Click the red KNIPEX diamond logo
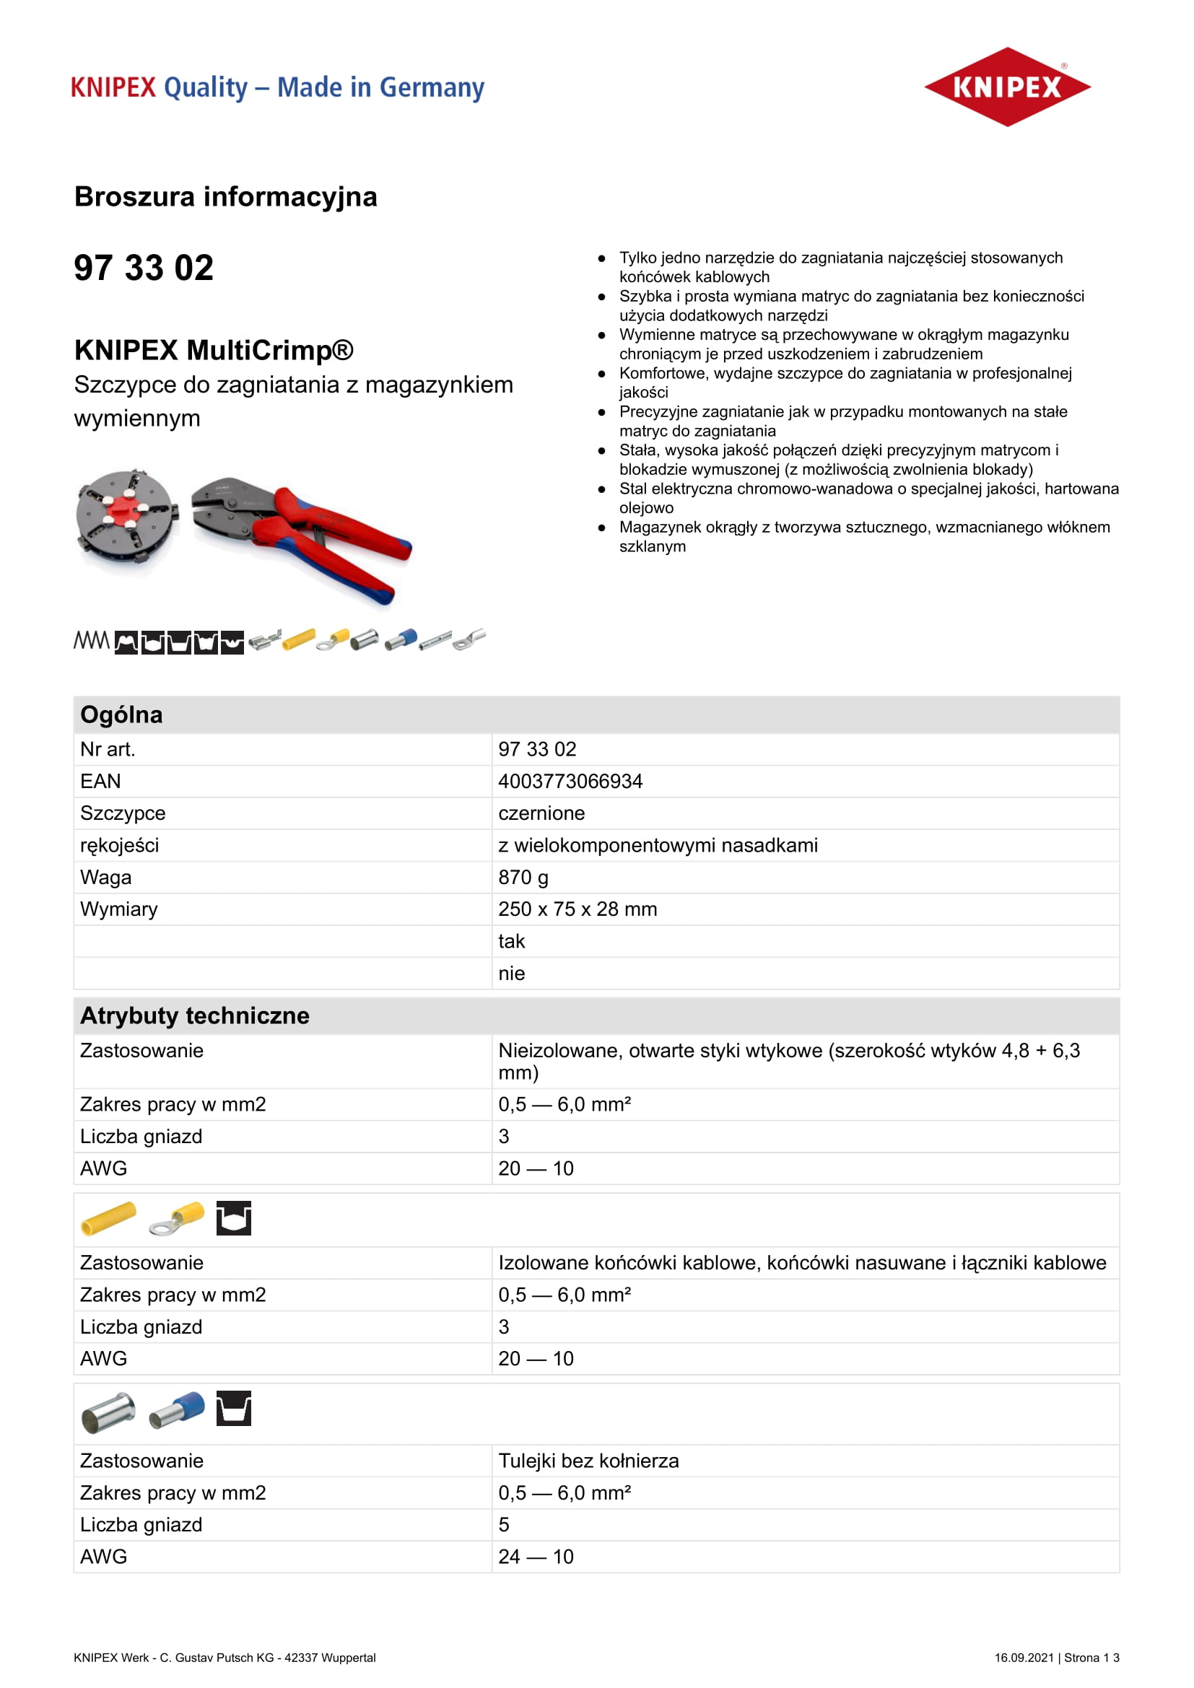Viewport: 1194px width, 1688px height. coord(1006,87)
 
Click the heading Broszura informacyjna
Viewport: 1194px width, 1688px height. coord(226,197)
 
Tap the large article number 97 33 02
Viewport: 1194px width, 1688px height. coord(144,268)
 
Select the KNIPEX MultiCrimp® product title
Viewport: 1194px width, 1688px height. coord(214,351)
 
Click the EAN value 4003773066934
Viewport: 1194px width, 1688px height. coord(570,781)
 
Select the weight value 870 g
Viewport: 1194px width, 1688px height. coord(523,877)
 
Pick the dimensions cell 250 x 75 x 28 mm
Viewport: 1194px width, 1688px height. coord(578,909)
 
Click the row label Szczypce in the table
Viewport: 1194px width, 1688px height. coord(123,813)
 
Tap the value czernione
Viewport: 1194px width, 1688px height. coord(541,813)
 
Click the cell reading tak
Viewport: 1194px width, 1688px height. coord(511,941)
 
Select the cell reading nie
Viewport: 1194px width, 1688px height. coord(511,974)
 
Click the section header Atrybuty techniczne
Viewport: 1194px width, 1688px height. coord(195,1015)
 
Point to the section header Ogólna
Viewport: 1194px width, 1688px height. coord(121,714)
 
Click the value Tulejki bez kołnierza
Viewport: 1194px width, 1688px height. coord(588,1461)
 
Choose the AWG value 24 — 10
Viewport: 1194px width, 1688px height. coord(535,1557)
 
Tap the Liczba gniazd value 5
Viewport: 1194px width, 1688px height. coord(504,1525)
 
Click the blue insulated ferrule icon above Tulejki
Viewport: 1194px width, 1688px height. coord(177,1409)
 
